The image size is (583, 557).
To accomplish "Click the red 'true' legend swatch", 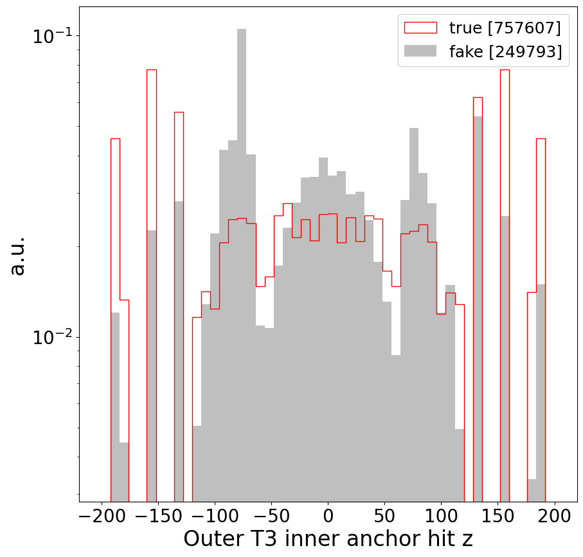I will pos(420,28).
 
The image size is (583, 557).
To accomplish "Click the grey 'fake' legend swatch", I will pos(420,52).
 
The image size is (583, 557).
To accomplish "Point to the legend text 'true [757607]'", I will pos(505,28).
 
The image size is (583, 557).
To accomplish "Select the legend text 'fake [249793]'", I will pos(505,52).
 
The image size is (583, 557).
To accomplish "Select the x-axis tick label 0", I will pos(328,516).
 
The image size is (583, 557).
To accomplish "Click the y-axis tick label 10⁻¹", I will pos(51,36).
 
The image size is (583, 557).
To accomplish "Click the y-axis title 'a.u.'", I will pos(19,255).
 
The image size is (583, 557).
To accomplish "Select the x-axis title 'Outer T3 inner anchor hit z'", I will pos(328,539).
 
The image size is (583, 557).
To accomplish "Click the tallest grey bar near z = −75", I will pos(242,257).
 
